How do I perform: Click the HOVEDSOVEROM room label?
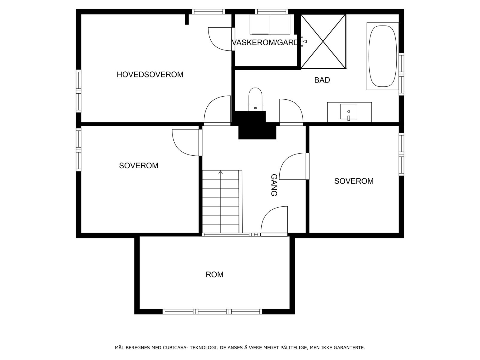click(150, 74)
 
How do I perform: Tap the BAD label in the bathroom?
click(322, 80)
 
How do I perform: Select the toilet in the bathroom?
click(255, 99)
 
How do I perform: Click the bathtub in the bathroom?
click(382, 56)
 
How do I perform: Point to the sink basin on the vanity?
click(349, 112)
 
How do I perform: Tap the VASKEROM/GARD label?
click(265, 43)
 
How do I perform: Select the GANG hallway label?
click(274, 185)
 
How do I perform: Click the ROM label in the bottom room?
click(214, 274)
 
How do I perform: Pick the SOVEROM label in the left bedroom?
click(139, 166)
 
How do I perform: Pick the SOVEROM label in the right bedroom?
click(354, 181)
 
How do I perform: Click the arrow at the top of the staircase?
click(221, 172)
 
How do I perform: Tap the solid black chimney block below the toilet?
click(257, 129)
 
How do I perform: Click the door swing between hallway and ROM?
click(274, 220)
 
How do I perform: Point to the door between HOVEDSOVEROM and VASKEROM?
click(221, 39)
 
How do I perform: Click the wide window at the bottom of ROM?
click(212, 312)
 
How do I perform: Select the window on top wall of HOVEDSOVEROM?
click(208, 12)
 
